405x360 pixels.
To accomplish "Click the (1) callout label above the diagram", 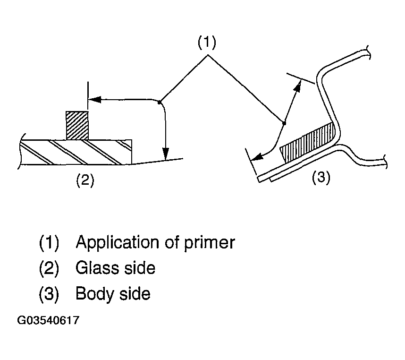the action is click(x=207, y=43).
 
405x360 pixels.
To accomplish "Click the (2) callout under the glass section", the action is click(x=85, y=180).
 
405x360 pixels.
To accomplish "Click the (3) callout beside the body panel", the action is click(x=321, y=178).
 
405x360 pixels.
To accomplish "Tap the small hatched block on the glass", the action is click(x=77, y=126).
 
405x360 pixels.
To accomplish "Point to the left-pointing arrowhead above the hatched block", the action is click(x=94, y=99).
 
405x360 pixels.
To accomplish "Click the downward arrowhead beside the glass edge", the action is click(x=166, y=154).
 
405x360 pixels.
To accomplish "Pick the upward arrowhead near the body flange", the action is click(x=298, y=86).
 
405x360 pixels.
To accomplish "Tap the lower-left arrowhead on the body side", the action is click(x=257, y=156).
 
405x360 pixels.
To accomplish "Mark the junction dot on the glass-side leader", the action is click(x=160, y=103).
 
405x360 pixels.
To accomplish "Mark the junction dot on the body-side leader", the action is click(x=284, y=123).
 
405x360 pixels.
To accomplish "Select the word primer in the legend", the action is click(x=209, y=243).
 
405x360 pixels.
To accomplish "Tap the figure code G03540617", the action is click(x=48, y=320).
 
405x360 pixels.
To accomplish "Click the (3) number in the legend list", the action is click(x=49, y=294).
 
